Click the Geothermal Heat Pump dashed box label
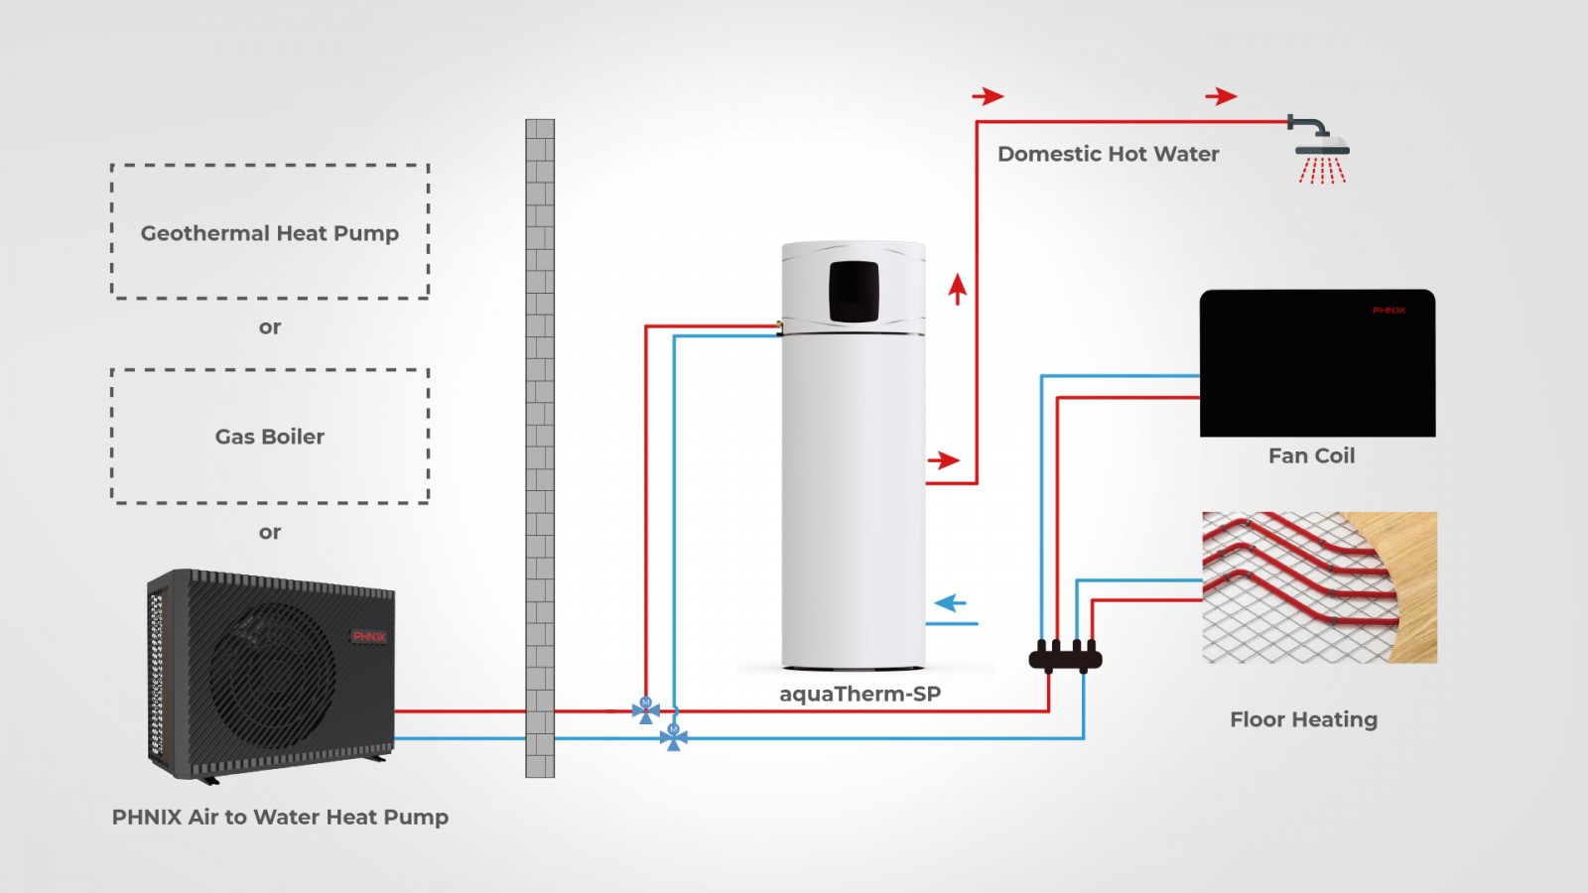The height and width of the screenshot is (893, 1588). (x=269, y=233)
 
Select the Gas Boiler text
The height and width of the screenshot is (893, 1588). (x=269, y=437)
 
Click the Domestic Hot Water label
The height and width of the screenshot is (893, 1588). (x=1108, y=154)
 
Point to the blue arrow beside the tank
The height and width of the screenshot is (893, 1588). (x=951, y=602)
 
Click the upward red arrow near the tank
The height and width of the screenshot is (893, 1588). (x=957, y=289)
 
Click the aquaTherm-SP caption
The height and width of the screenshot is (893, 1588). (x=860, y=694)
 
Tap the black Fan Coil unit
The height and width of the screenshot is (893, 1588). (x=1317, y=362)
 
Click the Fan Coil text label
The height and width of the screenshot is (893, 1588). (x=1311, y=455)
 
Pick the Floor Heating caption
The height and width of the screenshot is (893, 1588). (x=1303, y=719)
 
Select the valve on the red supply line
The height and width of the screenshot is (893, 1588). (x=646, y=709)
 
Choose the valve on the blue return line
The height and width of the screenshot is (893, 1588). (x=674, y=736)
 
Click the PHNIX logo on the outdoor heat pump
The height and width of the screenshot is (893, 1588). (x=369, y=636)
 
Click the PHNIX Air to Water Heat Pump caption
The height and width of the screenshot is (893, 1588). (x=280, y=817)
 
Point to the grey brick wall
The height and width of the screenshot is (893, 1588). (x=540, y=446)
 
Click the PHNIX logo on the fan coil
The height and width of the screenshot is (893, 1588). (x=1389, y=311)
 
